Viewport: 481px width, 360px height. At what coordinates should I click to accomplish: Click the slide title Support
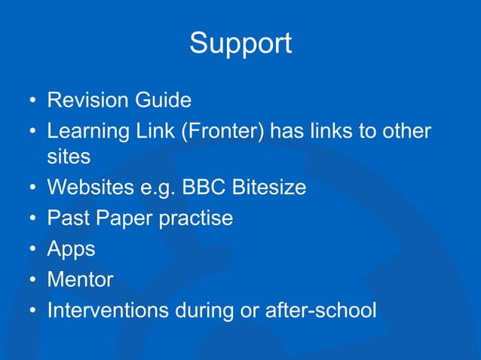coord(240,43)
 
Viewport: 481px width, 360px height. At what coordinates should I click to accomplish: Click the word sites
coord(69,157)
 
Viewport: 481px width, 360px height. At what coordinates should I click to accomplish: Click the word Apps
coord(70,249)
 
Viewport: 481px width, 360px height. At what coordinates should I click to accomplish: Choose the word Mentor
coord(80,280)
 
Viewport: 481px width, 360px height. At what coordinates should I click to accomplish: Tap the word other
coord(408,131)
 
